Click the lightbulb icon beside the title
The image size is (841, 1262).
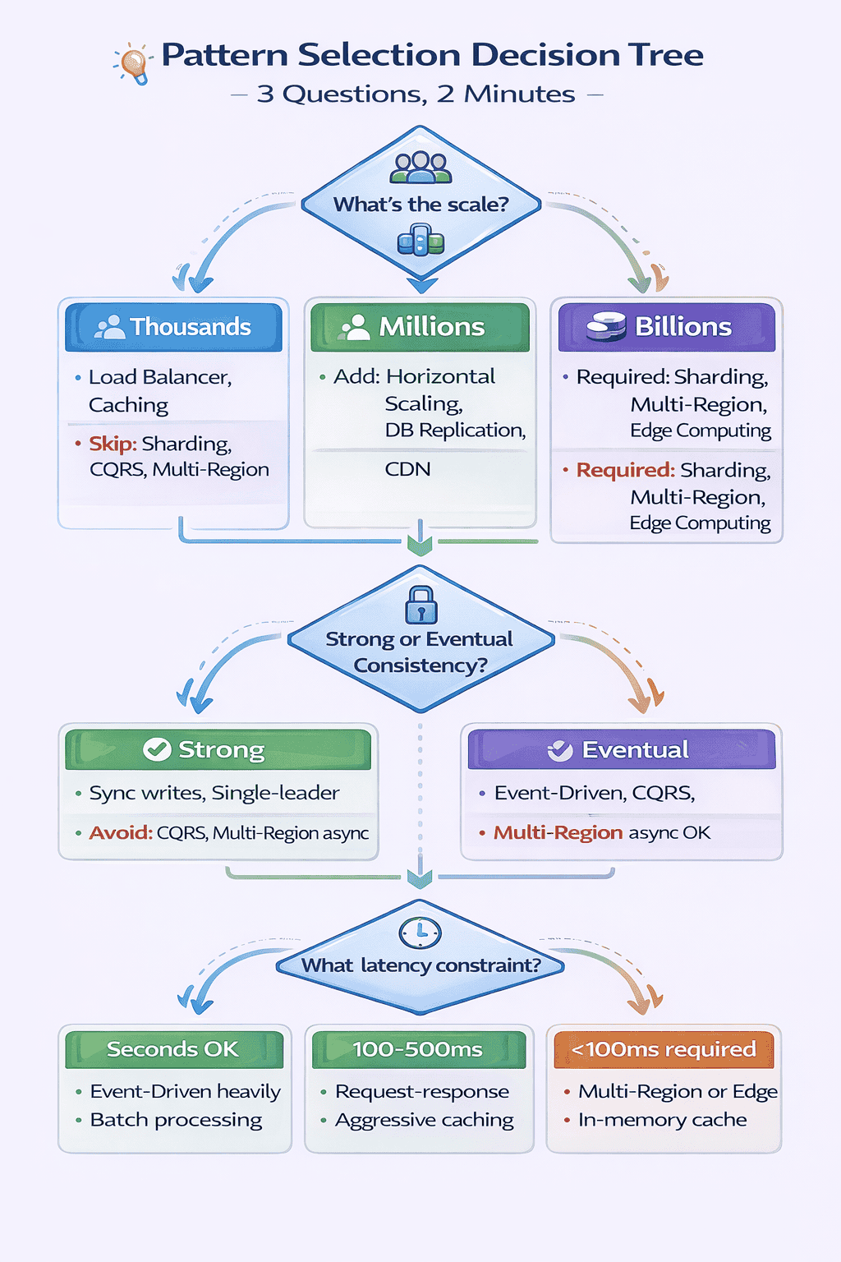pos(134,63)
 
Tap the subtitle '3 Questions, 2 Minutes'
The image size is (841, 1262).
pos(416,94)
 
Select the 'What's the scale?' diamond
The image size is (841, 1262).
pos(420,205)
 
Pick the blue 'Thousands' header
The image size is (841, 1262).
pos(173,327)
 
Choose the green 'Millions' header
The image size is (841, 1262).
pos(420,327)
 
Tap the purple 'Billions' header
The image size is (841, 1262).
pos(666,327)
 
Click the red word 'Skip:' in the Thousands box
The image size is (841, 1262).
pos(113,444)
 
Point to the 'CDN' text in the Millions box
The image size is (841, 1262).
pos(407,469)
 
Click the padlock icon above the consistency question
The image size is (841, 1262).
pos(420,606)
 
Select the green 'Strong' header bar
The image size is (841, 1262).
pos(218,749)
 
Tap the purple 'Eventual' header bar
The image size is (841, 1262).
pos(621,749)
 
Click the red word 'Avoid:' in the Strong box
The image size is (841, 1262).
pos(121,833)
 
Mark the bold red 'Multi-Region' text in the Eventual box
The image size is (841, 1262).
pos(558,833)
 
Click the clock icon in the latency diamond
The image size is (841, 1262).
pos(420,933)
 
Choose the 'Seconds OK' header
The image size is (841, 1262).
pos(173,1049)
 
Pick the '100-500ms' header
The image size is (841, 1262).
pos(418,1049)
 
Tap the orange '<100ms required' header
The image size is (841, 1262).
pos(664,1049)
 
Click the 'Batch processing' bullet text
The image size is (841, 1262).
pos(176,1120)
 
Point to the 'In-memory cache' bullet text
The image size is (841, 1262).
pos(662,1120)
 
